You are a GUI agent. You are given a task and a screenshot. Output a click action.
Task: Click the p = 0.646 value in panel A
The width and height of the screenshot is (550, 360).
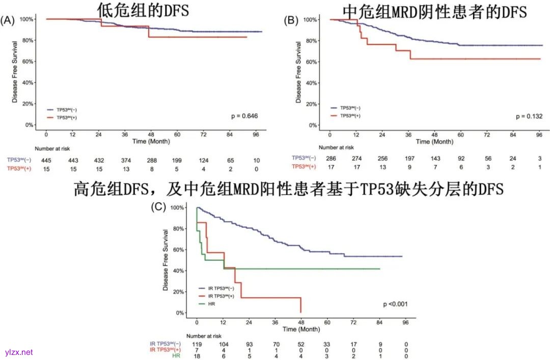pyautogui.click(x=244, y=117)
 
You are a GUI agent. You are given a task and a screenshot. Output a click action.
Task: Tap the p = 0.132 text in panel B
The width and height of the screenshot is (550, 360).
pyautogui.click(x=529, y=117)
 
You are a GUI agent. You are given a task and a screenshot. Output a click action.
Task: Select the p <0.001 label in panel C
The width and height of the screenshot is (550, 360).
pyautogui.click(x=395, y=304)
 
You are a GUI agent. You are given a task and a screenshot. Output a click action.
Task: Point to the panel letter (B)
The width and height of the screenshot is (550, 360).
pyautogui.click(x=291, y=20)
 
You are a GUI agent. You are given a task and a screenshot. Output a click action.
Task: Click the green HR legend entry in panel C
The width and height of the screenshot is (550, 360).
pyautogui.click(x=210, y=304)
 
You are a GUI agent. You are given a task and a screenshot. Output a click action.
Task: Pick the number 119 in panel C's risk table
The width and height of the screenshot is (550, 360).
pyautogui.click(x=197, y=345)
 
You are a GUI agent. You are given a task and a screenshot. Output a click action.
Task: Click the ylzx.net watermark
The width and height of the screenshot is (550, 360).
pyautogui.click(x=19, y=352)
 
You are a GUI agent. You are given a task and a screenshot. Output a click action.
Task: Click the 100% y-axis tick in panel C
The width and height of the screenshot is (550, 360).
pyautogui.click(x=178, y=208)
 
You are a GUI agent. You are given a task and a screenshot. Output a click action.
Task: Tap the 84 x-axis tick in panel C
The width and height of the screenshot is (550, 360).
pyautogui.click(x=379, y=322)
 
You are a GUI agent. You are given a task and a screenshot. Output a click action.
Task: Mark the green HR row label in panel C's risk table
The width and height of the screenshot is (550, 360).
pyautogui.click(x=176, y=356)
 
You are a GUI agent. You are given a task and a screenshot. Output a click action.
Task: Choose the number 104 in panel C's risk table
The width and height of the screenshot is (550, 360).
pyautogui.click(x=223, y=345)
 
